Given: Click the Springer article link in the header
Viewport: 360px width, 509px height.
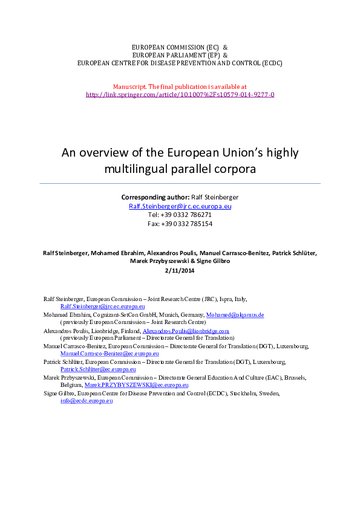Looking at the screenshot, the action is coord(180,95).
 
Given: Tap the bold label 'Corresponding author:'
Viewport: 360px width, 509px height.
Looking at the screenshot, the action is coord(155,197).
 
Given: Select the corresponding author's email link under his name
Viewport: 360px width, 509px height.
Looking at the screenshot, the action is coord(180,206).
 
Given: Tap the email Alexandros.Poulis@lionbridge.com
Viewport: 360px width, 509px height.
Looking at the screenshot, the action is coord(186,331).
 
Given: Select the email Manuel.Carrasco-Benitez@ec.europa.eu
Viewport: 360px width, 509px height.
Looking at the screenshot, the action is coord(110,353).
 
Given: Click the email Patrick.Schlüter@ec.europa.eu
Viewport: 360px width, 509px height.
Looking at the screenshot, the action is coord(98,369).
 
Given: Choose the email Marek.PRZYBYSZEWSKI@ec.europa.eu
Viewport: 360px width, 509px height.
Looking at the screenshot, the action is coord(136,384).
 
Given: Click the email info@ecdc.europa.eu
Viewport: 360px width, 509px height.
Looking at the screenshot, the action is coord(87,400).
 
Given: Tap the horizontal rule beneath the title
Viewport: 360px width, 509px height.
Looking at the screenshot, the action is coord(180,183).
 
